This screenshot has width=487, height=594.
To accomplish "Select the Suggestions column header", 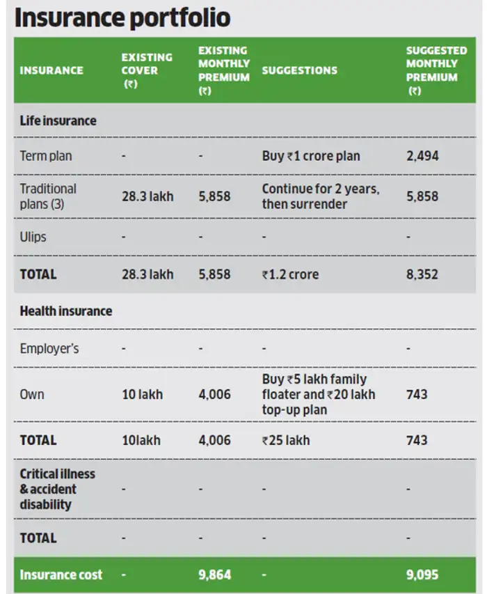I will click(x=299, y=70).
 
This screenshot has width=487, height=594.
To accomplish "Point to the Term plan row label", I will click(x=45, y=156).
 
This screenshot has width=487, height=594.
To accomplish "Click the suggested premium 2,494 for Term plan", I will click(x=422, y=156).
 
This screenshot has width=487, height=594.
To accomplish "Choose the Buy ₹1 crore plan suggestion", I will click(x=311, y=156).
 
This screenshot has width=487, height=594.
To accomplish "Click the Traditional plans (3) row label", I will click(x=48, y=196).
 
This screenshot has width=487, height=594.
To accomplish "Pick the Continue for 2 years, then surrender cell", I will click(x=321, y=196).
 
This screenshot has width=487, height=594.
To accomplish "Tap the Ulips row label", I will click(x=33, y=237).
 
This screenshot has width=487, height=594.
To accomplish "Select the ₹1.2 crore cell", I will click(x=290, y=274).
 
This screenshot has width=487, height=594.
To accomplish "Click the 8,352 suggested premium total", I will click(x=422, y=274).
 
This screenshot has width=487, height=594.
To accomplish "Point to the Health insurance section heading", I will click(x=65, y=311).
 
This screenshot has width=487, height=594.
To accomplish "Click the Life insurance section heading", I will click(x=58, y=120).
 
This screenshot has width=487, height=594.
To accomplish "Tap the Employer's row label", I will click(x=49, y=348).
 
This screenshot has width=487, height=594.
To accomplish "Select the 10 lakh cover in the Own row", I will click(x=142, y=395).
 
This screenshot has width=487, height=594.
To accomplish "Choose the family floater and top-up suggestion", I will click(x=318, y=394).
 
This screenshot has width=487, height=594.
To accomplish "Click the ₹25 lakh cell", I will click(x=286, y=440).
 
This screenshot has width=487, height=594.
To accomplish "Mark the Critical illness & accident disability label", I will click(x=58, y=489).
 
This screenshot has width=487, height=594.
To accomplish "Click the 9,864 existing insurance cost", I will click(x=214, y=575).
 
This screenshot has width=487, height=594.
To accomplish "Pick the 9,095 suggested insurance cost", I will click(x=422, y=575).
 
